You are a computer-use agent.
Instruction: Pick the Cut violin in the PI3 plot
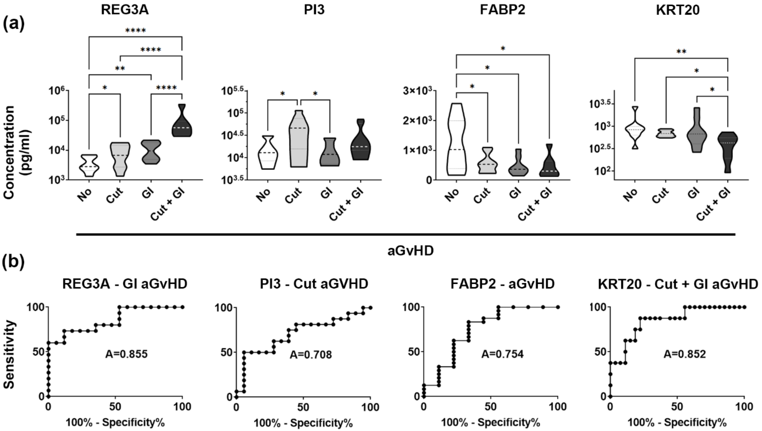[299, 139]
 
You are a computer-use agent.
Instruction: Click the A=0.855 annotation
[126, 354]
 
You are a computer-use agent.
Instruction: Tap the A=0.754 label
[502, 354]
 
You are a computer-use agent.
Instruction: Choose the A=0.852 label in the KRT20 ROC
[684, 354]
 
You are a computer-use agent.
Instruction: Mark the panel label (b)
[13, 262]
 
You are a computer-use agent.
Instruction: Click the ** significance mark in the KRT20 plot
[681, 52]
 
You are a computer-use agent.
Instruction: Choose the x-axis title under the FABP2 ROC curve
[490, 423]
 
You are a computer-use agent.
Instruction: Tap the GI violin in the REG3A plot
[151, 151]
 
